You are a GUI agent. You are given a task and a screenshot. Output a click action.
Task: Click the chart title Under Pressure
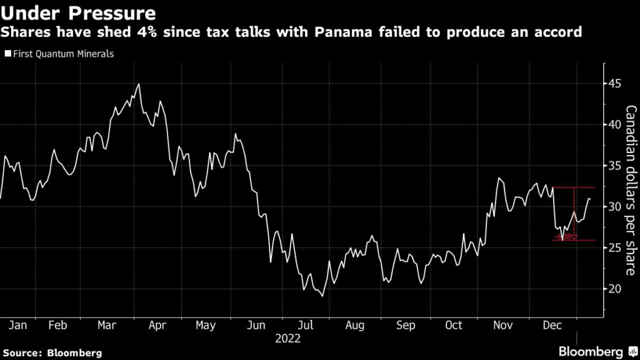click(x=79, y=12)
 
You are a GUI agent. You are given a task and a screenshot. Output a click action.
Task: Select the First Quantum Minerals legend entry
click(x=60, y=54)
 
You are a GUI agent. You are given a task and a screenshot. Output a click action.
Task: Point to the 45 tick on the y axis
click(x=615, y=84)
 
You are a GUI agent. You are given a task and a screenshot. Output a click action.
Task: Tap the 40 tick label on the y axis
click(x=615, y=124)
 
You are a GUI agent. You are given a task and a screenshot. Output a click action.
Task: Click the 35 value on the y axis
click(x=615, y=166)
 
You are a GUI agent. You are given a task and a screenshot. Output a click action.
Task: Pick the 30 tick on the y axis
click(x=615, y=207)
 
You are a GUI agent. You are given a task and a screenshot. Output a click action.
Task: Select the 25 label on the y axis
click(x=615, y=248)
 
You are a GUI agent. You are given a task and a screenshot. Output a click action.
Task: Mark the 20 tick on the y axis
click(x=615, y=289)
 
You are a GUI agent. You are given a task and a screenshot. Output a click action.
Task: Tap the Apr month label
click(x=157, y=326)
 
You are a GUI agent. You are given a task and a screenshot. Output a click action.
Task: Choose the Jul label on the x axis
click(x=306, y=326)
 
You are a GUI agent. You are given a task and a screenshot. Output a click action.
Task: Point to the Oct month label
click(x=454, y=326)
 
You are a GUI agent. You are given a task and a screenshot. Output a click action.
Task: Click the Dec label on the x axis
click(x=551, y=326)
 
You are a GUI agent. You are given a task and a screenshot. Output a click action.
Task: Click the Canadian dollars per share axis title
click(x=631, y=190)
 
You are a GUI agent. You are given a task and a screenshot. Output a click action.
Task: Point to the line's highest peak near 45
click(x=139, y=84)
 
